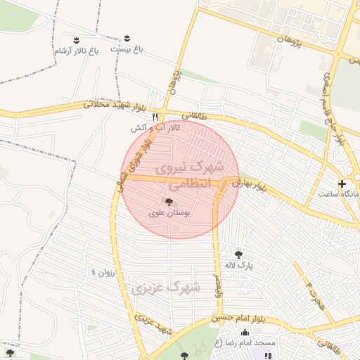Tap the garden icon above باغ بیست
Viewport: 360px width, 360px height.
coord(127,37)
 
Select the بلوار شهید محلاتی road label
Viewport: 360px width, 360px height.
coord(115,106)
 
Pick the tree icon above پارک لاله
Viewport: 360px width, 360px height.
coord(238,255)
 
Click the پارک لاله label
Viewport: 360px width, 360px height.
coord(238,265)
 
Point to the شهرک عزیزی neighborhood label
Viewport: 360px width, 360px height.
coord(166,288)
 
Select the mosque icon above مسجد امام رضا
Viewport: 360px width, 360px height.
coord(245,333)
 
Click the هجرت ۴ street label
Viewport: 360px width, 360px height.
coord(314,293)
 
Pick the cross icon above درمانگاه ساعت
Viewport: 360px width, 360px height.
coord(342,184)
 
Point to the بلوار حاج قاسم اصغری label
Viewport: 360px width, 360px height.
coord(335,105)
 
